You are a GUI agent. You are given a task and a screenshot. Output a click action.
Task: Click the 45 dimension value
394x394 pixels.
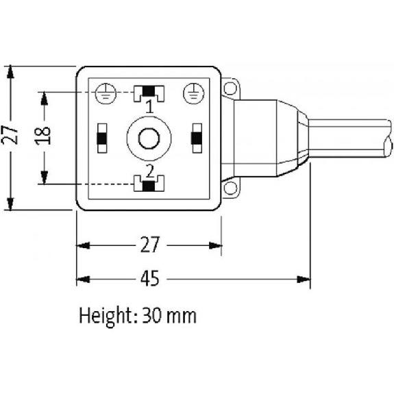(150, 278)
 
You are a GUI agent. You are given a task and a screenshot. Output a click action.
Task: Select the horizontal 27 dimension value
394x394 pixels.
(150, 245)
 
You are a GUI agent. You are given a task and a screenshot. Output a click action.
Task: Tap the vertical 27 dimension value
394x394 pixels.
(10, 135)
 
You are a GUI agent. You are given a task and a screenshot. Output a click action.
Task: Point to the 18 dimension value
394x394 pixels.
(42, 136)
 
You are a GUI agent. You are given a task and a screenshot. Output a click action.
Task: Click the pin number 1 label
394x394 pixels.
(150, 106)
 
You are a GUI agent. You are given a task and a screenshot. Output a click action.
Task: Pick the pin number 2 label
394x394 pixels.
(150, 171)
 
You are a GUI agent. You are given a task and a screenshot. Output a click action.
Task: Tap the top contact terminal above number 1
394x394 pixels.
(149, 93)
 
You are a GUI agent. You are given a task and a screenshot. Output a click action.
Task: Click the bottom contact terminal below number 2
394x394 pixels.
(149, 184)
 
